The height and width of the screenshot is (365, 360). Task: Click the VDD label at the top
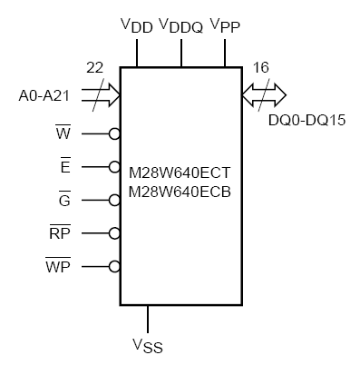click(x=135, y=25)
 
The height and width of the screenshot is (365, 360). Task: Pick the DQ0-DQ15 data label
click(x=301, y=118)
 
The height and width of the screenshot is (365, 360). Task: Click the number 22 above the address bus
click(x=93, y=68)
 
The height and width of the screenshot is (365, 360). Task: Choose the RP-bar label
click(x=59, y=232)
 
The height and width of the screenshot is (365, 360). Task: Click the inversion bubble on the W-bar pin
click(x=114, y=134)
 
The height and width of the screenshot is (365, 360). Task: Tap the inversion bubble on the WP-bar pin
click(x=114, y=267)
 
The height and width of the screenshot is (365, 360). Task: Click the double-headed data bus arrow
click(x=264, y=94)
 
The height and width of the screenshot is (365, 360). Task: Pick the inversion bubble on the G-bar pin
click(x=114, y=201)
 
